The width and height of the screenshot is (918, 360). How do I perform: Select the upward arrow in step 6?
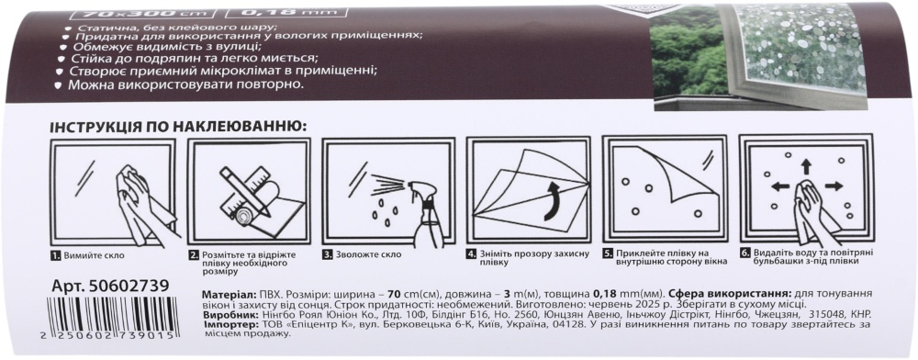806,166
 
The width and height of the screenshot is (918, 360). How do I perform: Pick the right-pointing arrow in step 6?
834,186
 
